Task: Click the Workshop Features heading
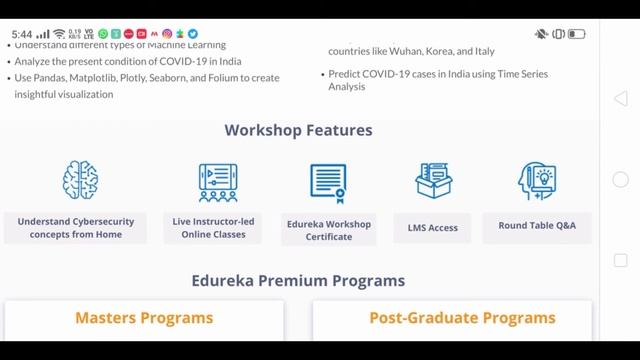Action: point(298,130)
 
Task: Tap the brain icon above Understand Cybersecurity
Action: point(80,181)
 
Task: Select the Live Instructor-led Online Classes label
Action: point(212,227)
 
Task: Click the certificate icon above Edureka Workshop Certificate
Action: point(327,183)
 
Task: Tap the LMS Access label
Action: point(433,228)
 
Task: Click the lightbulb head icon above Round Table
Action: point(537,181)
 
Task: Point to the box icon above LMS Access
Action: point(434,181)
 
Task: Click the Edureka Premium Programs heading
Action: point(298,281)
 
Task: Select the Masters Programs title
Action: point(144,318)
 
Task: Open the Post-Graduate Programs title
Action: point(449,318)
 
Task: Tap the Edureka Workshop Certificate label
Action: point(329,230)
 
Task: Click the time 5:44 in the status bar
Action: point(22,34)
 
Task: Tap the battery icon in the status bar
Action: point(577,34)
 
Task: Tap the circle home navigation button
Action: point(620,180)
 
